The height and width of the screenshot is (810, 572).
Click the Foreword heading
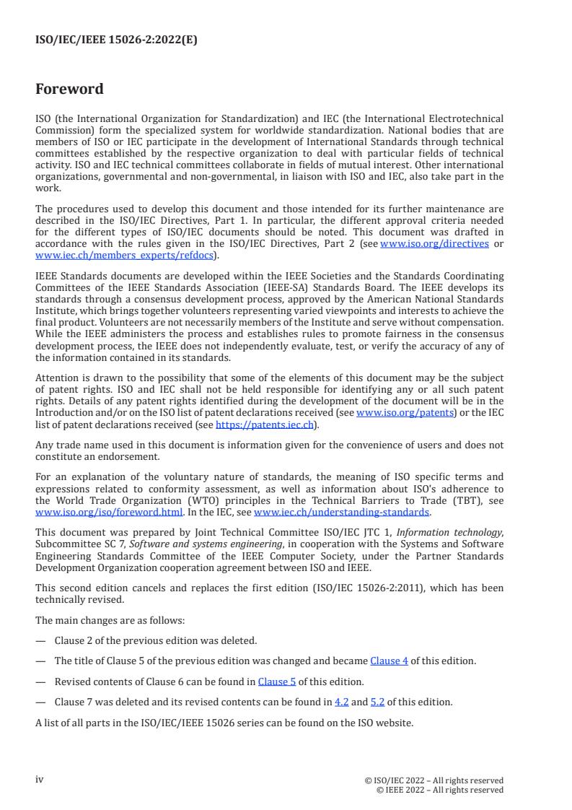click(x=69, y=90)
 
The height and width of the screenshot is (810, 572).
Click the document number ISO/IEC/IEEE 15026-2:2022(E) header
click(x=116, y=40)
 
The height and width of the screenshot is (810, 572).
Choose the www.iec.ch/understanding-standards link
click(x=342, y=513)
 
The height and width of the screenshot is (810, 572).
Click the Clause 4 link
click(x=389, y=661)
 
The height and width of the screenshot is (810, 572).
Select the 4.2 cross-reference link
click(x=341, y=702)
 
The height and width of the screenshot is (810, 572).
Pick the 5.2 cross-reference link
click(x=377, y=702)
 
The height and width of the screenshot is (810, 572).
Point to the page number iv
click(x=40, y=779)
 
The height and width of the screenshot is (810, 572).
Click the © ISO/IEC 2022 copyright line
click(x=434, y=780)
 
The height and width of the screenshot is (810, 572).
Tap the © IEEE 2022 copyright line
click(x=440, y=790)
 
